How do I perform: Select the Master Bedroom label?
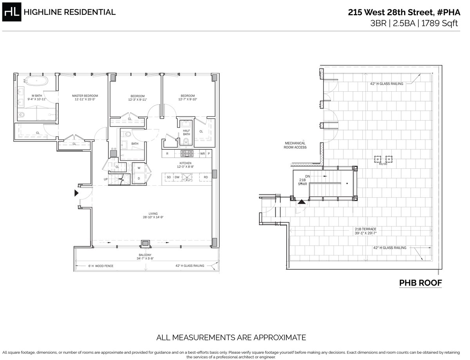pyautogui.click(x=85, y=96)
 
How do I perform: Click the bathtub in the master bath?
pyautogui.click(x=36, y=82)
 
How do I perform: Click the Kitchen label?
pyautogui.click(x=185, y=163)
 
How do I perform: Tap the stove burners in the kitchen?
pyautogui.click(x=185, y=153)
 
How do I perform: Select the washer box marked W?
pyautogui.click(x=139, y=168)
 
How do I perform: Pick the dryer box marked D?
pyautogui.click(x=139, y=178)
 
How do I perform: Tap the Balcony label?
pyautogui.click(x=145, y=254)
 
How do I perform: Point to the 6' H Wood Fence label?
pyautogui.click(x=100, y=266)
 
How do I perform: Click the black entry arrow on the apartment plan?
pyautogui.click(x=76, y=193)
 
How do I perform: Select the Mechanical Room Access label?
pyautogui.click(x=295, y=145)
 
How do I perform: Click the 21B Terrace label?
pyautogui.click(x=365, y=229)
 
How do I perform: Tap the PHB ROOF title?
pyautogui.click(x=420, y=282)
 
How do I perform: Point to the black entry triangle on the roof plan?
pyautogui.click(x=302, y=202)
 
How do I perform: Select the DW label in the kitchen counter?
pyautogui.click(x=177, y=177)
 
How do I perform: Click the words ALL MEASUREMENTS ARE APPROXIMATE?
pyautogui.click(x=231, y=337)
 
